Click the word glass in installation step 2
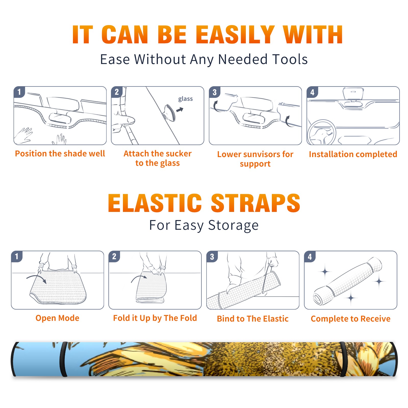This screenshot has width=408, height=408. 185,99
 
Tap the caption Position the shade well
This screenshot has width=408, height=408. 60,154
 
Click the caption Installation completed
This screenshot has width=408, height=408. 353,154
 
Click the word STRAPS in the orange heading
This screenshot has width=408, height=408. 256,203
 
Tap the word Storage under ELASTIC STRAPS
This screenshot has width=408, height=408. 233,225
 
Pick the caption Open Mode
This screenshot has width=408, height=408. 57,318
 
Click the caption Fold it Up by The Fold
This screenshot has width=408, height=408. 155,318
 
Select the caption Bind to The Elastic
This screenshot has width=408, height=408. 253,318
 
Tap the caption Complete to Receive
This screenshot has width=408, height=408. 351,319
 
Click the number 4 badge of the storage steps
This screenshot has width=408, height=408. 310,257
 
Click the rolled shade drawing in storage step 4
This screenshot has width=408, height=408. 348,281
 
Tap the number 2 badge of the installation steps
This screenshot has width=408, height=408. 117,92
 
